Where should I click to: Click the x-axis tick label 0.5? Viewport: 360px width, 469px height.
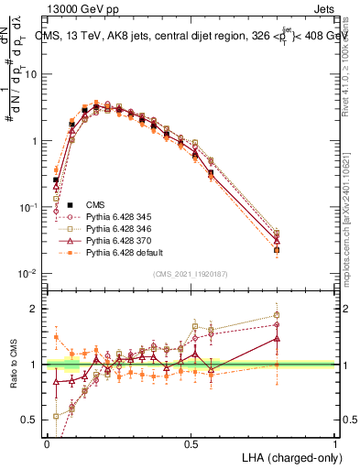click(x=191, y=443)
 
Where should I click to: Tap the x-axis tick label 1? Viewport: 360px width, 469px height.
click(x=335, y=443)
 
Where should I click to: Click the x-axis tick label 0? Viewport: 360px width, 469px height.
click(x=47, y=443)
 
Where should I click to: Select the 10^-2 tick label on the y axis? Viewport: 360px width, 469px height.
click(x=28, y=274)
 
